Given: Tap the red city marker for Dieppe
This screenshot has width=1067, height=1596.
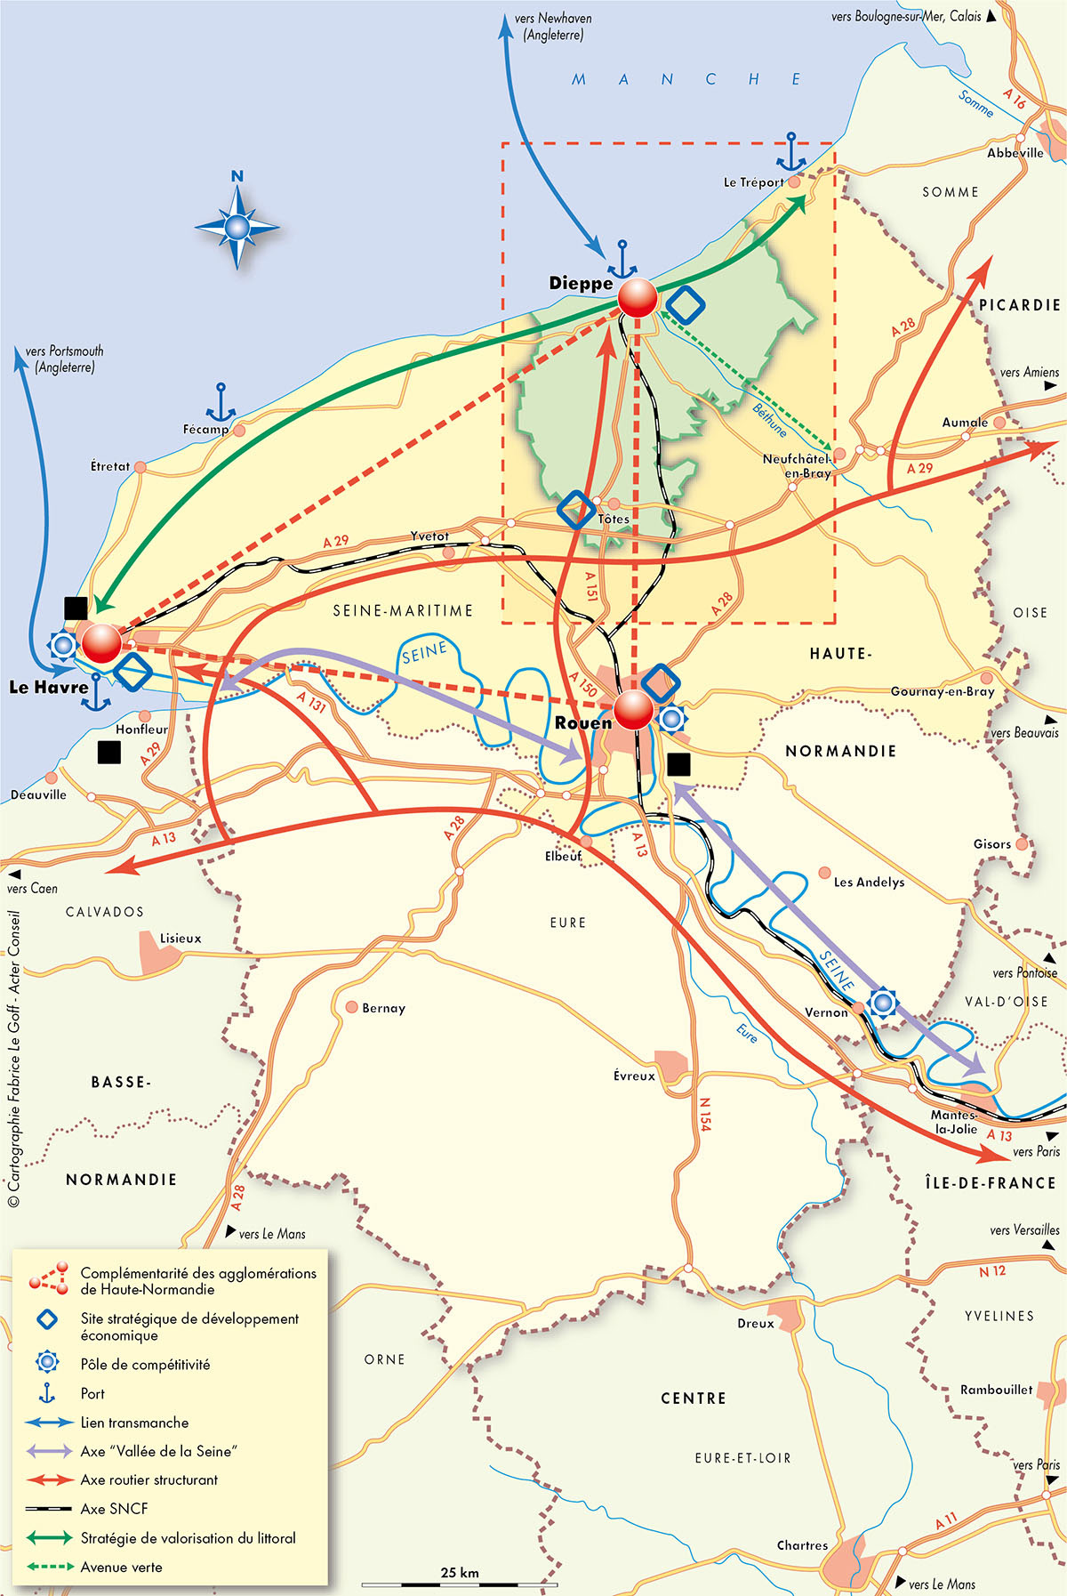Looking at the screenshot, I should click(x=637, y=298).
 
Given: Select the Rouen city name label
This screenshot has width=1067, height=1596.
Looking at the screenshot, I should click(x=582, y=723).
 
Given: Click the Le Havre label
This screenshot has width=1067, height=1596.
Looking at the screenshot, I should click(x=49, y=687).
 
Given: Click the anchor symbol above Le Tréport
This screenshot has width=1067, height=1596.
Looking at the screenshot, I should click(x=790, y=152).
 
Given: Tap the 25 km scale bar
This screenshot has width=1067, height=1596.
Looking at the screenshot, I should click(x=460, y=1584).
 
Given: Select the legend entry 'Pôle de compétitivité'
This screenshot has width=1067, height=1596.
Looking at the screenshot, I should click(x=145, y=1365).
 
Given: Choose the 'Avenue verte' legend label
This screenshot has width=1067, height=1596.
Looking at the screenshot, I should click(x=122, y=1568).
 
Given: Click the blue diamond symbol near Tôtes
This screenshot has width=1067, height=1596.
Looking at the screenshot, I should click(x=575, y=511).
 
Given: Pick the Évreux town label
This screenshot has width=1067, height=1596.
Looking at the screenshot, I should click(x=634, y=1076).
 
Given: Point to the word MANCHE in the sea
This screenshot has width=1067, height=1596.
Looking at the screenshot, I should click(x=687, y=79).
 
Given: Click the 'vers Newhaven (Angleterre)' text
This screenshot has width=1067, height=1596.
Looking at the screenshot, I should click(x=553, y=27).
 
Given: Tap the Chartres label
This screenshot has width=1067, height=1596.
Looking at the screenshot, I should click(x=802, y=1545).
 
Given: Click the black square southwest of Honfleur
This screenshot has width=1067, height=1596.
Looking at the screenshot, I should click(x=108, y=752).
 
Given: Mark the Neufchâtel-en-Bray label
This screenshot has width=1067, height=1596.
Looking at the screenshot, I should click(x=797, y=466).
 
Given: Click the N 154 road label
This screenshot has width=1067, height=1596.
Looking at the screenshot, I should click(x=704, y=1114).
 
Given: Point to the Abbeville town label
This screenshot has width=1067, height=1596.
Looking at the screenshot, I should click(x=1015, y=153).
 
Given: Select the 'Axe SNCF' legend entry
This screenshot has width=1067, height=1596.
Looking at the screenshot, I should click(x=115, y=1509).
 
